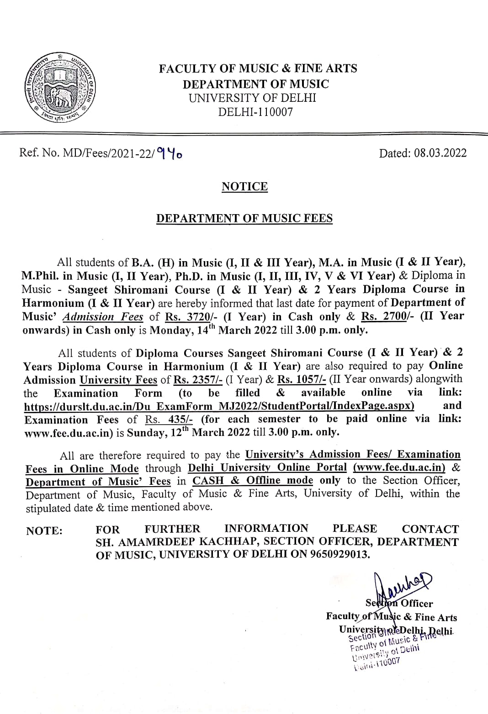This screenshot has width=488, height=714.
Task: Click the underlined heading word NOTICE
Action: click(244, 186)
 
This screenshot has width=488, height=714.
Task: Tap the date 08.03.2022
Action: click(440, 153)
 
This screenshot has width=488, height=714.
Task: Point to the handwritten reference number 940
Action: click(170, 154)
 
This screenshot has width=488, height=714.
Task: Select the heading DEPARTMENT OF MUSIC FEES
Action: click(244, 218)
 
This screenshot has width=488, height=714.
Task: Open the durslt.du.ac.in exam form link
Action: click(219, 406)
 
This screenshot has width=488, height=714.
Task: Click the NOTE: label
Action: click(44, 530)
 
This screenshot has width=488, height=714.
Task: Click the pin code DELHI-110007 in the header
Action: click(255, 111)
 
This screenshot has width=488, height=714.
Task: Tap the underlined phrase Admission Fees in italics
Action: click(103, 316)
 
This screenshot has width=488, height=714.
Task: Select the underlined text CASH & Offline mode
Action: click(253, 480)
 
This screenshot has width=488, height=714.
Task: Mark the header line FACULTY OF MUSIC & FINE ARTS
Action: click(258, 68)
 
